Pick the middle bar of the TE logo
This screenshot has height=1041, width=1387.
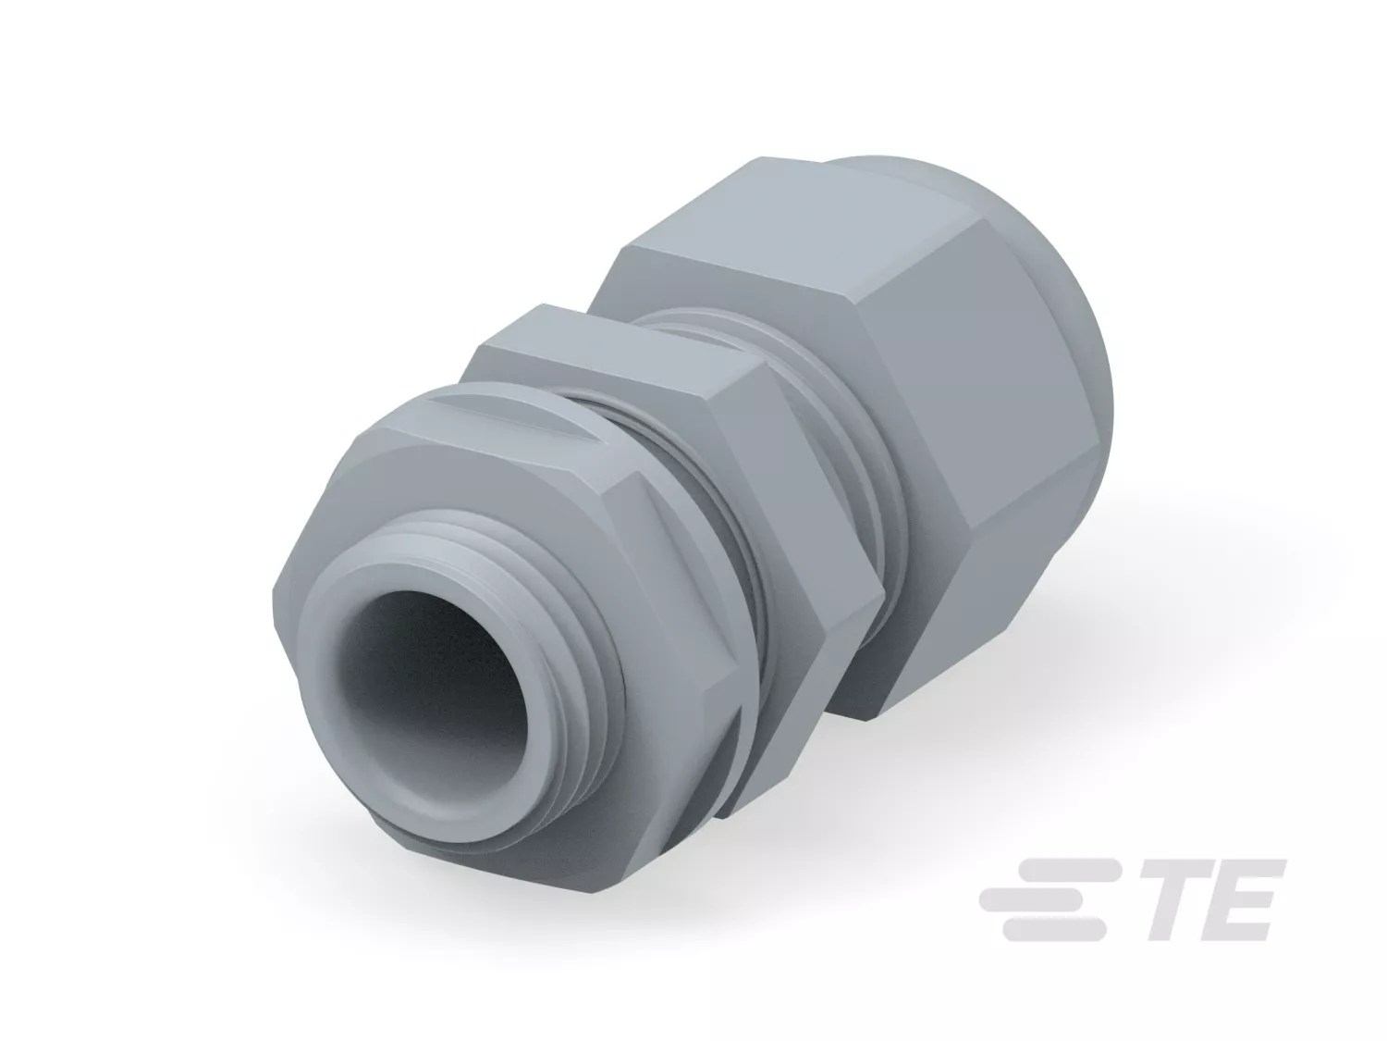tap(1044, 898)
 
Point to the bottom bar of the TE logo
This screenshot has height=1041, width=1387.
tap(1053, 930)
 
